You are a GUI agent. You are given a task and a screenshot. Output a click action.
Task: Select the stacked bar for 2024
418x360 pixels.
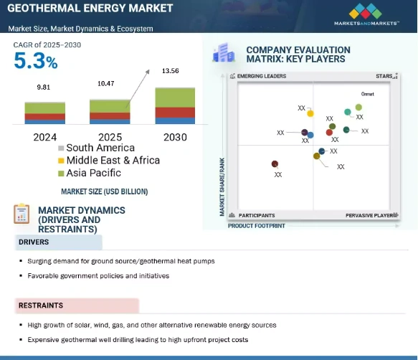[x=45, y=113]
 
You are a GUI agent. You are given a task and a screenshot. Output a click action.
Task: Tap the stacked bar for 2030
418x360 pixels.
[x=174, y=105]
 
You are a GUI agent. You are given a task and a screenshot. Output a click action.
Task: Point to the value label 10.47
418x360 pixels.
[x=105, y=85]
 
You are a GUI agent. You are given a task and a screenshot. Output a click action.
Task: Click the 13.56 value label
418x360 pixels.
[x=172, y=71]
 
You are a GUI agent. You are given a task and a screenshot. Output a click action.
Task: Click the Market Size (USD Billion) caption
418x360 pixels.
[x=104, y=191]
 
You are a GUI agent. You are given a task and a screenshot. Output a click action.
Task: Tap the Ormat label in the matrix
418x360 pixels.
[x=366, y=94]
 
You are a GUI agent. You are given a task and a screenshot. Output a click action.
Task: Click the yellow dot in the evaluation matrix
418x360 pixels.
[x=310, y=113]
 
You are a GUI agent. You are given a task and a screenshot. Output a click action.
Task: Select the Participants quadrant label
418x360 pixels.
[x=256, y=215]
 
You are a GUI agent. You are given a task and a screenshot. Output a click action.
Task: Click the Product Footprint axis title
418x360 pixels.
[x=256, y=225]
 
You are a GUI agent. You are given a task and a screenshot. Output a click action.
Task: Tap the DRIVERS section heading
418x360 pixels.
[x=34, y=242]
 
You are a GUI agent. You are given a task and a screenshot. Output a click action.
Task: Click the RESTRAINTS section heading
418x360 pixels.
[x=41, y=306]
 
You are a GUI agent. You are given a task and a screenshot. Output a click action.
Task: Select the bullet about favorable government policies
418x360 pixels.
[x=98, y=275]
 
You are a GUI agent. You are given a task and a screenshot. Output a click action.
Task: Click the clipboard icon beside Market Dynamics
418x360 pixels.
[x=22, y=213]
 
